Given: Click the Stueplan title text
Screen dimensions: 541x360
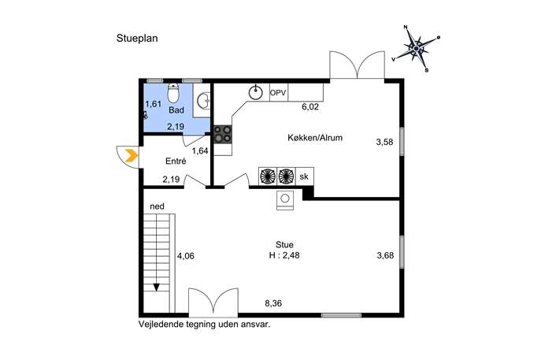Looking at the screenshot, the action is click(137, 39).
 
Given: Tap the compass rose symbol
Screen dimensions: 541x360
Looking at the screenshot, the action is click(416, 49).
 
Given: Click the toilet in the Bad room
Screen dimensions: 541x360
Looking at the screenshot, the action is click(173, 93).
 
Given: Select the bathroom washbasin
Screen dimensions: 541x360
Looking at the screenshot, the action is click(203, 101).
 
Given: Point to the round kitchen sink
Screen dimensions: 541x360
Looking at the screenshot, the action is click(256, 92).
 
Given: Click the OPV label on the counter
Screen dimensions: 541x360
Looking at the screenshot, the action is click(278, 93).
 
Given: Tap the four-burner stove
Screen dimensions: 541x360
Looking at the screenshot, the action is click(223, 134).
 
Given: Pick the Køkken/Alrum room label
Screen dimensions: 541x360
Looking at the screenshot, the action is click(315, 138).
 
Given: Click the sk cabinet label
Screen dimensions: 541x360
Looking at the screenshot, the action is click(304, 176).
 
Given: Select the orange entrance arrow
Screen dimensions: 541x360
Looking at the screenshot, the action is click(132, 156).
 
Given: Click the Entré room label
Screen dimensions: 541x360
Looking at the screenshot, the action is click(176, 161).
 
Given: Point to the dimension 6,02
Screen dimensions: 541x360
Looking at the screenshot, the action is click(310, 107).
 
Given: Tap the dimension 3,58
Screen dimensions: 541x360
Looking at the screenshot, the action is click(385, 142).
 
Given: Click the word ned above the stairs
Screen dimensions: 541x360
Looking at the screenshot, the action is click(157, 206).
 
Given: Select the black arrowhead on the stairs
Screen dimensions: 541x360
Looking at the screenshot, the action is click(157, 288).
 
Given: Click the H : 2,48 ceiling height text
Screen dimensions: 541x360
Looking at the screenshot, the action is click(284, 256).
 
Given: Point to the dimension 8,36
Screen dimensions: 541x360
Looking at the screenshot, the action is click(273, 303).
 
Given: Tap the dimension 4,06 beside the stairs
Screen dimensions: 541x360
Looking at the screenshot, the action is click(186, 256).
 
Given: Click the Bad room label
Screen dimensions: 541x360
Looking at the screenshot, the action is click(176, 110).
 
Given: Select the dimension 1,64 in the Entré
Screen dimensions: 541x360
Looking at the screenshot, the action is click(200, 150).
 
